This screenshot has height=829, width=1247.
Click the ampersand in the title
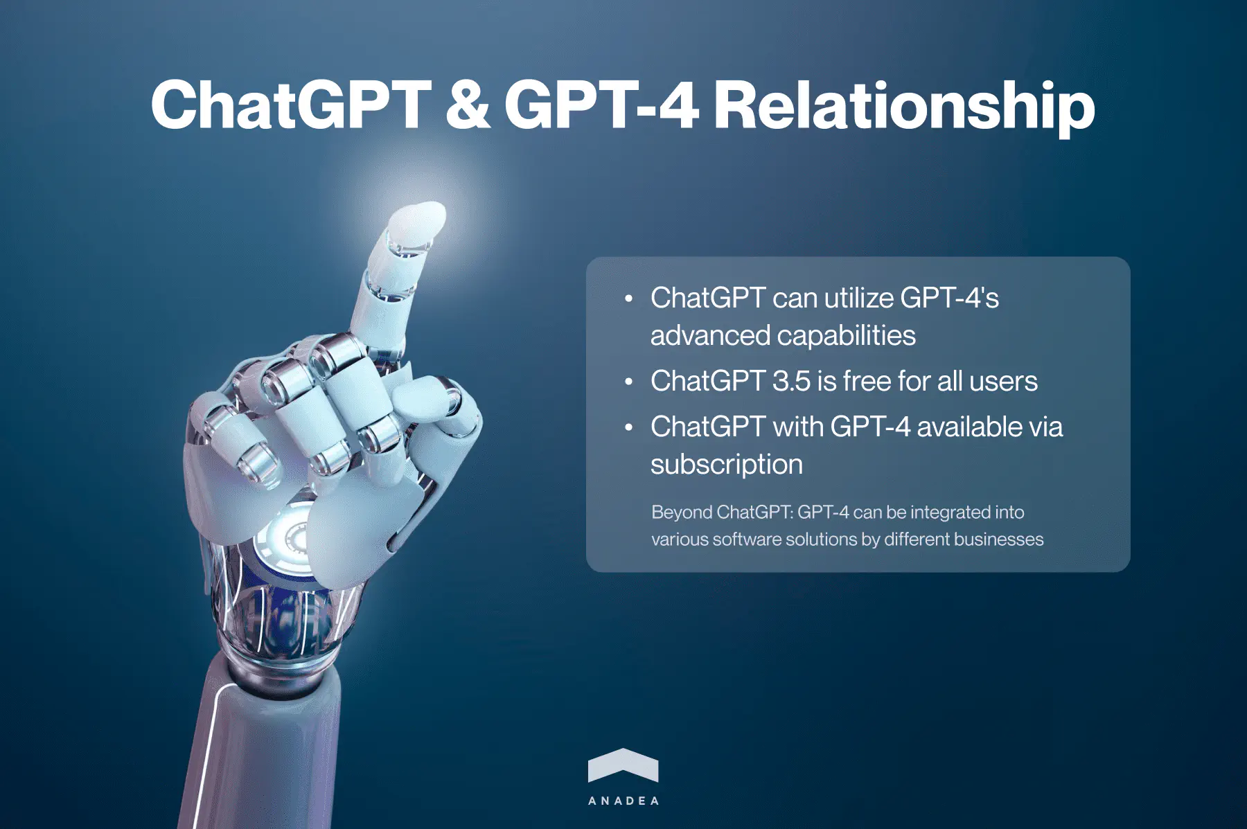pos(468,105)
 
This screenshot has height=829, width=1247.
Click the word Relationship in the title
pos(904,105)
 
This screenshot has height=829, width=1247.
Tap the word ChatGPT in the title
pos(291,105)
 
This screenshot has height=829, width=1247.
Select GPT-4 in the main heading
pos(601,105)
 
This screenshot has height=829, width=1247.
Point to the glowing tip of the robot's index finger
pos(418,220)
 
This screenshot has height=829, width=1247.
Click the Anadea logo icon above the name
pos(623,765)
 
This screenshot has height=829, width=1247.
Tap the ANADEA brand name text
pos(623,801)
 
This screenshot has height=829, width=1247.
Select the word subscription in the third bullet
pos(727,465)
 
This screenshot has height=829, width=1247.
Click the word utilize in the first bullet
pos(859,298)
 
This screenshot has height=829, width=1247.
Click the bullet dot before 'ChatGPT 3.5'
pos(628,382)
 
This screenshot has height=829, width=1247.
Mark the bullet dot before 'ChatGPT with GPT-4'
pos(628,427)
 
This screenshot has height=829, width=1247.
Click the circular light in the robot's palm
pos(294,537)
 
